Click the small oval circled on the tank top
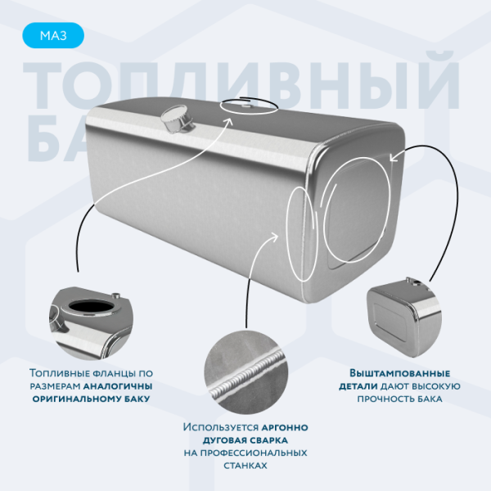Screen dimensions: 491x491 [246, 105]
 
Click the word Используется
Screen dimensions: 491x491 [220, 427]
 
